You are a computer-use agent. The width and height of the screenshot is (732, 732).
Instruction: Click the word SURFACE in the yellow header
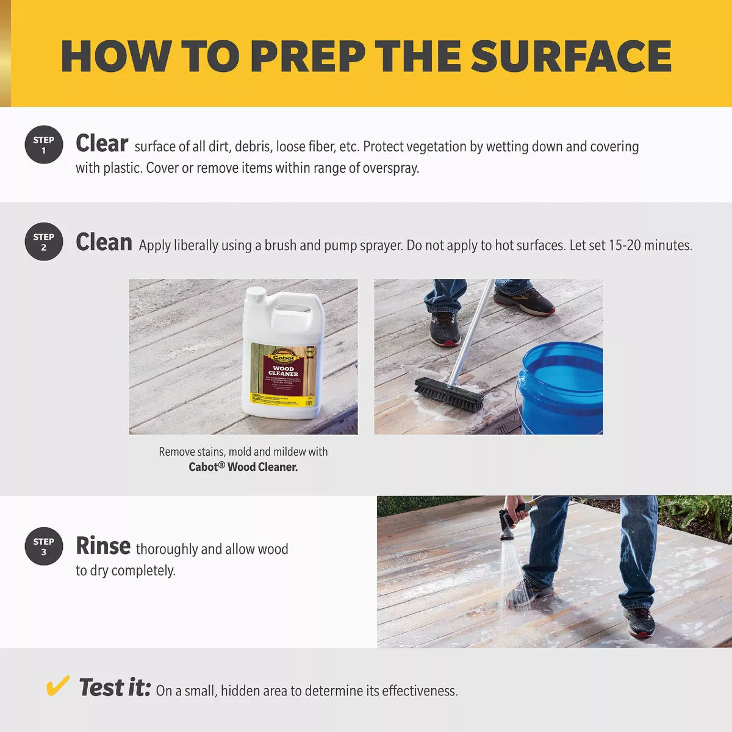click(571, 56)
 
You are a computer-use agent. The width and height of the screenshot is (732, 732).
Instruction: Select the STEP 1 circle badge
click(44, 145)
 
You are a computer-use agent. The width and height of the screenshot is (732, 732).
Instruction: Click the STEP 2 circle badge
click(44, 242)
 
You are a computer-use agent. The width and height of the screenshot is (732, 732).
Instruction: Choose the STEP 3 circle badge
click(44, 546)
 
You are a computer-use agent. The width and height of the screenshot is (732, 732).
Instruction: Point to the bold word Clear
click(102, 144)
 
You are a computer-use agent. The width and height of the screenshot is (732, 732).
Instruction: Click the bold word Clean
click(104, 243)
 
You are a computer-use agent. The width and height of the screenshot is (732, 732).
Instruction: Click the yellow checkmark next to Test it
click(58, 687)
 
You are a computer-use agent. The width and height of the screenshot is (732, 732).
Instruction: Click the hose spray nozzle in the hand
click(507, 525)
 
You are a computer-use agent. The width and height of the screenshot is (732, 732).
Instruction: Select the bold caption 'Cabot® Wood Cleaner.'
click(243, 467)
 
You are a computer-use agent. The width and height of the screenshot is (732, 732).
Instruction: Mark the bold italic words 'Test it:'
click(115, 687)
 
